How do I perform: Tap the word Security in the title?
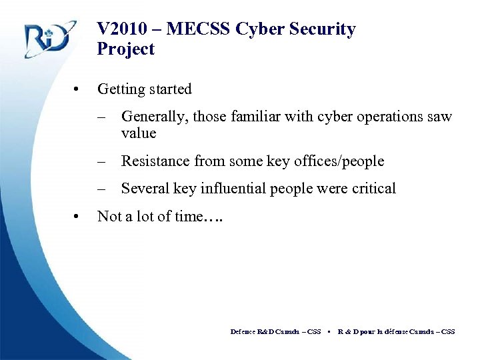323,29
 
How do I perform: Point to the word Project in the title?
125,49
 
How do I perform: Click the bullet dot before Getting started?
78,89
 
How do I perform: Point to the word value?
138,133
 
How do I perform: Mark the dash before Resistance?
101,161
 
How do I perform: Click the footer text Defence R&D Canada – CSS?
275,331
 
